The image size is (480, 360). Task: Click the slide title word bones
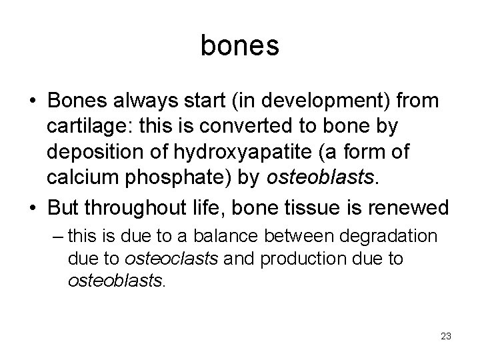[x=239, y=46]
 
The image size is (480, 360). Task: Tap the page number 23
[x=445, y=336]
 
